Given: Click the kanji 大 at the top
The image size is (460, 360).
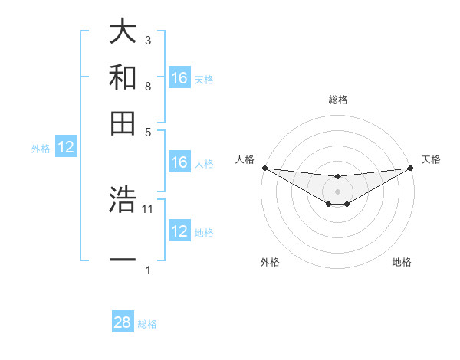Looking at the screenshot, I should [x=123, y=32].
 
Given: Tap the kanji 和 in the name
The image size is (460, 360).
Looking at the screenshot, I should [x=123, y=77].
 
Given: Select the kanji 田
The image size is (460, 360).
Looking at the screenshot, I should [x=123, y=122].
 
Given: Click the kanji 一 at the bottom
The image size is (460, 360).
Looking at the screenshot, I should [x=123, y=260].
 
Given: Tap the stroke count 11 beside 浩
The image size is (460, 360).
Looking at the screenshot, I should [x=149, y=208].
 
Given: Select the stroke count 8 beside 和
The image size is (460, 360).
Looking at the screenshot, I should [x=148, y=86].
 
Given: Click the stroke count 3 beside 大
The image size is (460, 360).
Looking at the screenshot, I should [x=148, y=40].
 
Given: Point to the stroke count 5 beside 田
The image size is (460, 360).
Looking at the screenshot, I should [x=148, y=131].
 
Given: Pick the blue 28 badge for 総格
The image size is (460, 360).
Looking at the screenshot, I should [x=123, y=322].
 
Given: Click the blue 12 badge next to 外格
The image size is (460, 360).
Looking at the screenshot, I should [x=66, y=148].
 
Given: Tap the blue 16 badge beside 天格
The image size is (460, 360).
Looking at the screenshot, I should [x=179, y=78].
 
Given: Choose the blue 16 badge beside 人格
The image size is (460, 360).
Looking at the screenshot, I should [x=179, y=162].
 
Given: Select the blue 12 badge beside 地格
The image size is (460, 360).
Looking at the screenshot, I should [x=179, y=231].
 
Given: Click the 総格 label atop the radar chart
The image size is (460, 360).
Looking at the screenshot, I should [x=337, y=100].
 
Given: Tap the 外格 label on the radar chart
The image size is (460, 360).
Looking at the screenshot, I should [x=270, y=262].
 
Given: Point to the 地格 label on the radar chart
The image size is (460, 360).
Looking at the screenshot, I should [x=402, y=262].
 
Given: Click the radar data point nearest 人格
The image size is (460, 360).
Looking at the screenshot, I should [x=264, y=168].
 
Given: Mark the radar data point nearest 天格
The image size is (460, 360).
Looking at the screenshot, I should [x=410, y=168].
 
